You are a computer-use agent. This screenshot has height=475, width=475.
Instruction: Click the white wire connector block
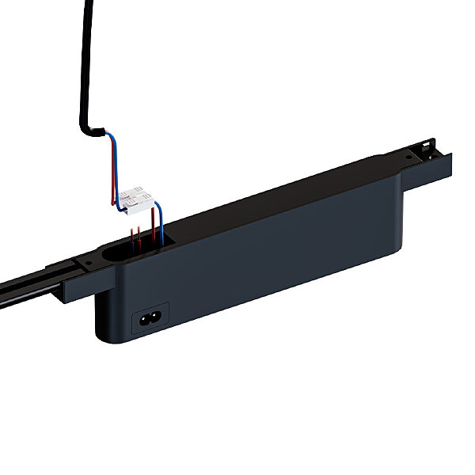(x=135, y=199)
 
